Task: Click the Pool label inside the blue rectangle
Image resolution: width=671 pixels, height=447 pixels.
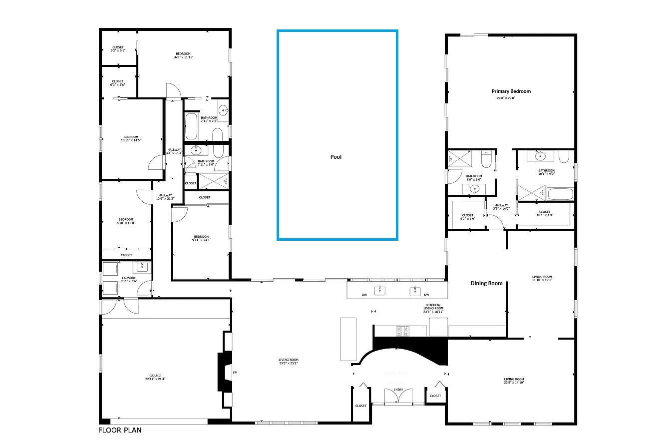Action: point(336,157)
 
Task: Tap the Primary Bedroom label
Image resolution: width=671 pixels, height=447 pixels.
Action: point(511,91)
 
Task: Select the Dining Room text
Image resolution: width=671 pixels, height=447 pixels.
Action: point(486,283)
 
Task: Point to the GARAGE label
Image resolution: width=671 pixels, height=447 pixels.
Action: point(155,377)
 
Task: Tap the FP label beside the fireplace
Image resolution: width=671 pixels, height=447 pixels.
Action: point(235,373)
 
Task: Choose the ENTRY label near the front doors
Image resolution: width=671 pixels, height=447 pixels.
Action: point(398,390)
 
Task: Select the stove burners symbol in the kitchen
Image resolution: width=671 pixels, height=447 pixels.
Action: point(402,330)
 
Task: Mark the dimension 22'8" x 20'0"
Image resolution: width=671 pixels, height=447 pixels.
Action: point(506,98)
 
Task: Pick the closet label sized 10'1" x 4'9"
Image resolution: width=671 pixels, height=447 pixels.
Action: point(544,214)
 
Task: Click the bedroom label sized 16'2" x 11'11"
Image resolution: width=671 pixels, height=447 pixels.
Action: point(183,55)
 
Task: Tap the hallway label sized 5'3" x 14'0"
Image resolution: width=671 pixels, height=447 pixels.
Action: point(501,207)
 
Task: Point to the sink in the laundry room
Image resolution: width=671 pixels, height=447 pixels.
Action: point(142,266)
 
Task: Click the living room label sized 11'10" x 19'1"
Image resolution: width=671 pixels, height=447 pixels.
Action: point(542,278)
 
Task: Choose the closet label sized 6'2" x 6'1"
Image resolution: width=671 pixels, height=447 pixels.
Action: point(118,48)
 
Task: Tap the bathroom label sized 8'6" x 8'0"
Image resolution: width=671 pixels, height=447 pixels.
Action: point(473,178)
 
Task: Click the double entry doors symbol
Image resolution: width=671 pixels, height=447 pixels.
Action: point(398,397)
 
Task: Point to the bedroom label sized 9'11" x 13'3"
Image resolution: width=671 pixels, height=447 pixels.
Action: point(201,238)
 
